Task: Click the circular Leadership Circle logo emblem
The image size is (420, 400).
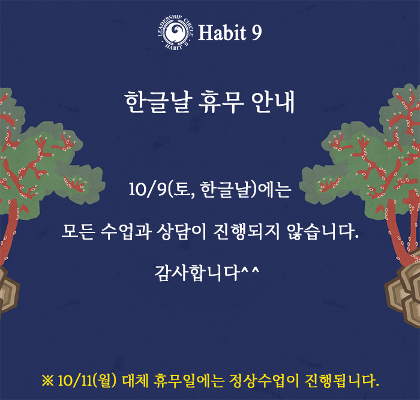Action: point(176,32)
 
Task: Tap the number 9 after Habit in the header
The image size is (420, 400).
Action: point(257,32)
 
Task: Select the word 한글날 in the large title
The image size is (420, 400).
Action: point(158,102)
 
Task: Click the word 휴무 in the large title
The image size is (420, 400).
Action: point(221,102)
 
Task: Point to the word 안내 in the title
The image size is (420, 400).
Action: point(272,102)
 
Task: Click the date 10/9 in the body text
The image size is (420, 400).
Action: point(148,189)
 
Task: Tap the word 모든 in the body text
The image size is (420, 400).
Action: point(78,231)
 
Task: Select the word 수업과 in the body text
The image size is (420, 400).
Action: point(125,231)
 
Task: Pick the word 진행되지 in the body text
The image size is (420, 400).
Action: point(247,231)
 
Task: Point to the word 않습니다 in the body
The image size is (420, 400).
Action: point(322,231)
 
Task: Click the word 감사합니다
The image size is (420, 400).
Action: point(197,273)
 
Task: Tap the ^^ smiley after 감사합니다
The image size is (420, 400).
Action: point(250,270)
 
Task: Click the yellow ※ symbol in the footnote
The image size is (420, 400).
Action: point(47,380)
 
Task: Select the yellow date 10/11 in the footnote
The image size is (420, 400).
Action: point(74,381)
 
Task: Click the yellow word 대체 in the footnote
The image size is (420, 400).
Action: point(135,381)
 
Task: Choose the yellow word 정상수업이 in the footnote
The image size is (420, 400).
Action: point(264,381)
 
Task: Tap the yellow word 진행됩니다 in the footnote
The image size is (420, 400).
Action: point(342,381)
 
